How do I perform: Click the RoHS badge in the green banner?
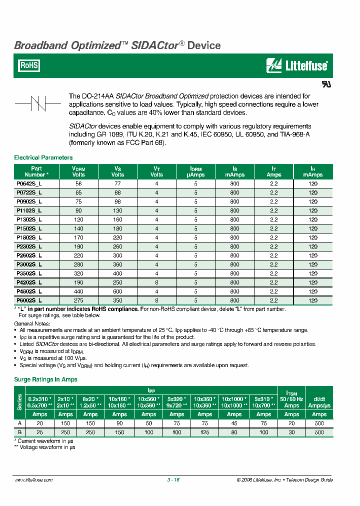(28, 65)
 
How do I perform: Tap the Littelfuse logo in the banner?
(297, 65)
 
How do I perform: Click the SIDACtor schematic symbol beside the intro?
(38, 103)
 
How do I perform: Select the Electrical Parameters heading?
(43, 157)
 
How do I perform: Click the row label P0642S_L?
(29, 183)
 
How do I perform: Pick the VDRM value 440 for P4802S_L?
(79, 291)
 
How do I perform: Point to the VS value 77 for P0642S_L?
(117, 183)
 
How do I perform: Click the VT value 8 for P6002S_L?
(156, 300)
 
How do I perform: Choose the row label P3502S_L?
(29, 273)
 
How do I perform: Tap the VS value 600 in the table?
(117, 291)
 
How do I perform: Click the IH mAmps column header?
(312, 172)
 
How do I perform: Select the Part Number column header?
(36, 172)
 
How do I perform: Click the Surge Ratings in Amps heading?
(45, 379)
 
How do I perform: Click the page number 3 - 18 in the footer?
(173, 479)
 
